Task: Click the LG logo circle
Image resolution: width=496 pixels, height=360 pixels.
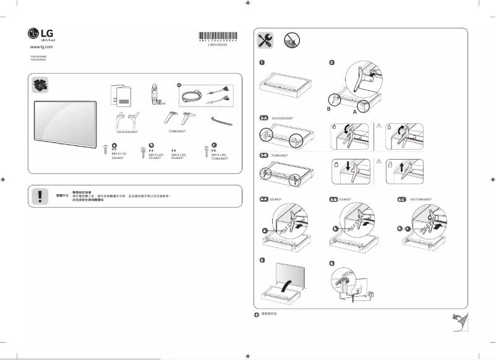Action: (x=33, y=33)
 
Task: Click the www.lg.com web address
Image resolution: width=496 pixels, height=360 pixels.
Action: (x=42, y=46)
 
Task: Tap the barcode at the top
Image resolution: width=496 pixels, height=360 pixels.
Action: (x=217, y=36)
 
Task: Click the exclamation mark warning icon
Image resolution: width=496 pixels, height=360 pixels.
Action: (x=40, y=195)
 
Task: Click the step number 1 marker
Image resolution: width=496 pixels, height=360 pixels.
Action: (x=262, y=62)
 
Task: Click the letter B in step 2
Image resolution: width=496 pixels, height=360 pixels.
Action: (x=329, y=108)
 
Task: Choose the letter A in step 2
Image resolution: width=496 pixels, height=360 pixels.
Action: (x=355, y=114)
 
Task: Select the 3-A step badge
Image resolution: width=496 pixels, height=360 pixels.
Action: (x=263, y=118)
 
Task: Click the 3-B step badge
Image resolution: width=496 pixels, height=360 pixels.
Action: (x=263, y=155)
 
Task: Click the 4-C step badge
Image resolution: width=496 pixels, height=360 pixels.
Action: (x=401, y=199)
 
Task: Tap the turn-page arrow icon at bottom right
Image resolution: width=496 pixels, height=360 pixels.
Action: (x=458, y=321)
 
